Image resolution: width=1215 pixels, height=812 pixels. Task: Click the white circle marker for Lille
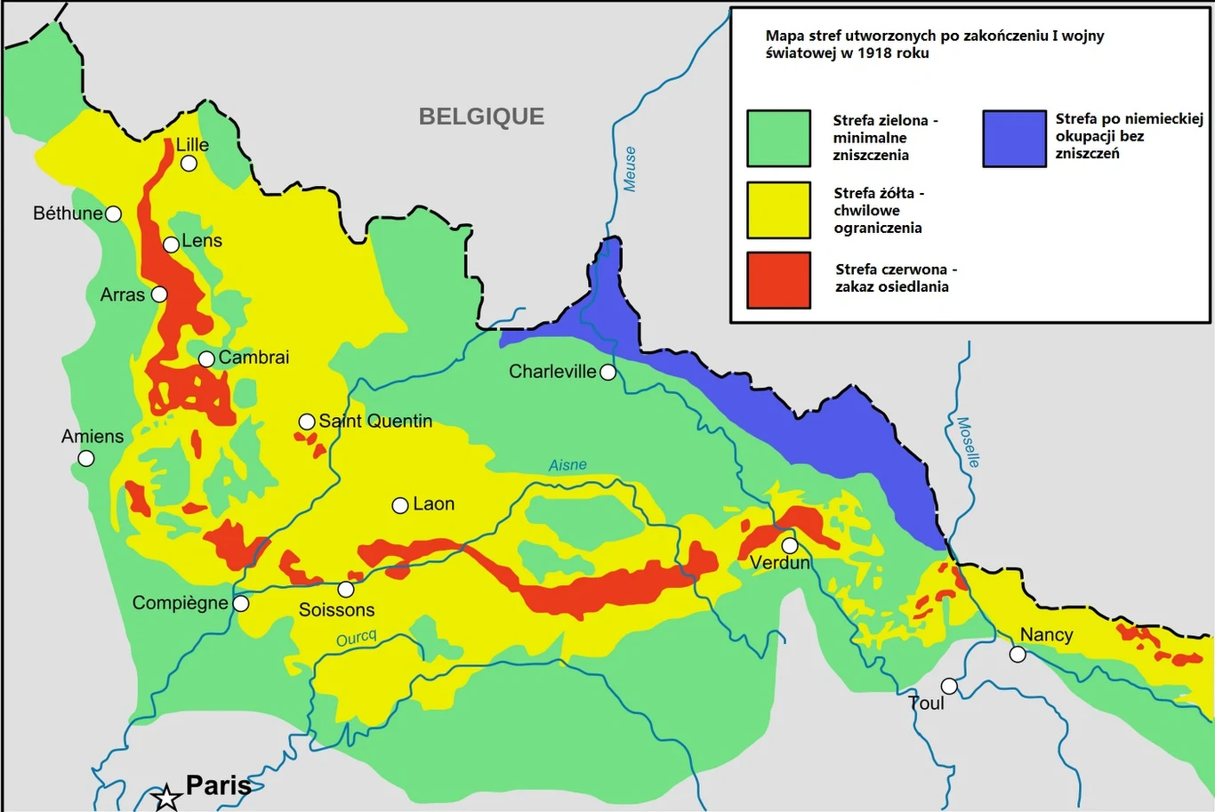[189, 164]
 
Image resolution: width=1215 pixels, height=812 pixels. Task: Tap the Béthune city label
[68, 213]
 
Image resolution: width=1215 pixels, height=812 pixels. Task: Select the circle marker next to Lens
[171, 245]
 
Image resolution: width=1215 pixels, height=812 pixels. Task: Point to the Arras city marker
[159, 294]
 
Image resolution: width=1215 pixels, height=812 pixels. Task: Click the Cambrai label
[253, 358]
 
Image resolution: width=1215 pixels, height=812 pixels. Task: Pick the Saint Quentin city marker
[306, 422]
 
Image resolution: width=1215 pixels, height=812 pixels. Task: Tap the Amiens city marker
[86, 459]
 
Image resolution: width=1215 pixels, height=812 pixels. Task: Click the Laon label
[433, 504]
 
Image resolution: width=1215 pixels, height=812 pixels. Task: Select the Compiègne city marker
[240, 604]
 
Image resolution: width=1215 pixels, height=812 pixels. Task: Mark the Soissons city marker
[346, 590]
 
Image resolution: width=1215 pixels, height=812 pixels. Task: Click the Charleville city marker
[607, 373]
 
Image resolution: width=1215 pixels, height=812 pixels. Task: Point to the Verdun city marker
[790, 545]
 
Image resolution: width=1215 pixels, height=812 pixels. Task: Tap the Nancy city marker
[1018, 655]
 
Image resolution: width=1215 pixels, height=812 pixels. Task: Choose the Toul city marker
[949, 687]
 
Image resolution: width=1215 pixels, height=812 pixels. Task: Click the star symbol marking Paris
[166, 797]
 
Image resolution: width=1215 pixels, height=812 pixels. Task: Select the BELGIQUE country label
[481, 117]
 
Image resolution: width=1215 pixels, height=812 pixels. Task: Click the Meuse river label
[630, 169]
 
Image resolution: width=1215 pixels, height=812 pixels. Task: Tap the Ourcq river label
[357, 639]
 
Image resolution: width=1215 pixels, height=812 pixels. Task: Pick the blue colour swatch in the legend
[1014, 139]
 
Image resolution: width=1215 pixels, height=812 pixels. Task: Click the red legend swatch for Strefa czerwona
[778, 280]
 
